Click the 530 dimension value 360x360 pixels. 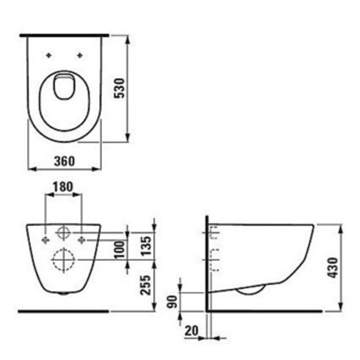[120, 88]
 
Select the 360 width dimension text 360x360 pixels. [65, 161]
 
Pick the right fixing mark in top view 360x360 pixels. [79, 56]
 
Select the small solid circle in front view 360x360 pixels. [63, 233]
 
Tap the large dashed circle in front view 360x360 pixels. [63, 260]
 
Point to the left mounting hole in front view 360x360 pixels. [46, 237]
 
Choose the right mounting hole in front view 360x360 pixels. [82, 237]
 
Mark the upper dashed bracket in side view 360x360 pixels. [214, 233]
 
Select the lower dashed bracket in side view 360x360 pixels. [214, 260]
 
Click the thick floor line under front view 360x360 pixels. [63, 311]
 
